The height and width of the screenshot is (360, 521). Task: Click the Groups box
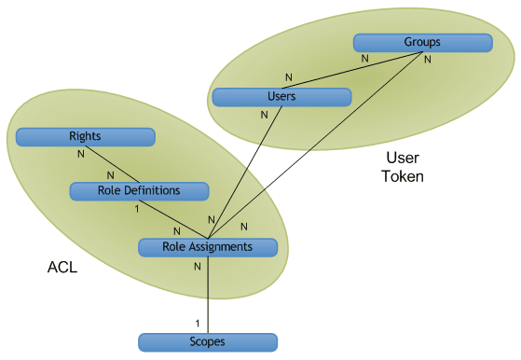[x=422, y=43]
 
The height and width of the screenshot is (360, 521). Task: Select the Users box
[x=281, y=97]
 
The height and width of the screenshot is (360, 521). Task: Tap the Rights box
[x=85, y=137]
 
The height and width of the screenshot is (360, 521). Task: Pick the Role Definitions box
[x=139, y=191]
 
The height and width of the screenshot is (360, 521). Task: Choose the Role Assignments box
[x=207, y=247]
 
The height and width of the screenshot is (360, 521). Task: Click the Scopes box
[x=207, y=342]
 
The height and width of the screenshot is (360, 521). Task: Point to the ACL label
[x=62, y=269]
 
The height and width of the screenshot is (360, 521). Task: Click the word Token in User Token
[x=402, y=175]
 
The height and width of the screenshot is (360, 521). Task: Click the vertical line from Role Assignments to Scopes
[x=207, y=294]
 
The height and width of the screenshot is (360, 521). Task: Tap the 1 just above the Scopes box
[x=197, y=323]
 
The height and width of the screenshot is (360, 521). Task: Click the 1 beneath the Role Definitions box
[x=138, y=208]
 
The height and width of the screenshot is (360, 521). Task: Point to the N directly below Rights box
[x=81, y=154]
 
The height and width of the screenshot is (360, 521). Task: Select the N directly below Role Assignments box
[x=197, y=266]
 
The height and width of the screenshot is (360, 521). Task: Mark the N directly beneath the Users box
[x=265, y=114]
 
